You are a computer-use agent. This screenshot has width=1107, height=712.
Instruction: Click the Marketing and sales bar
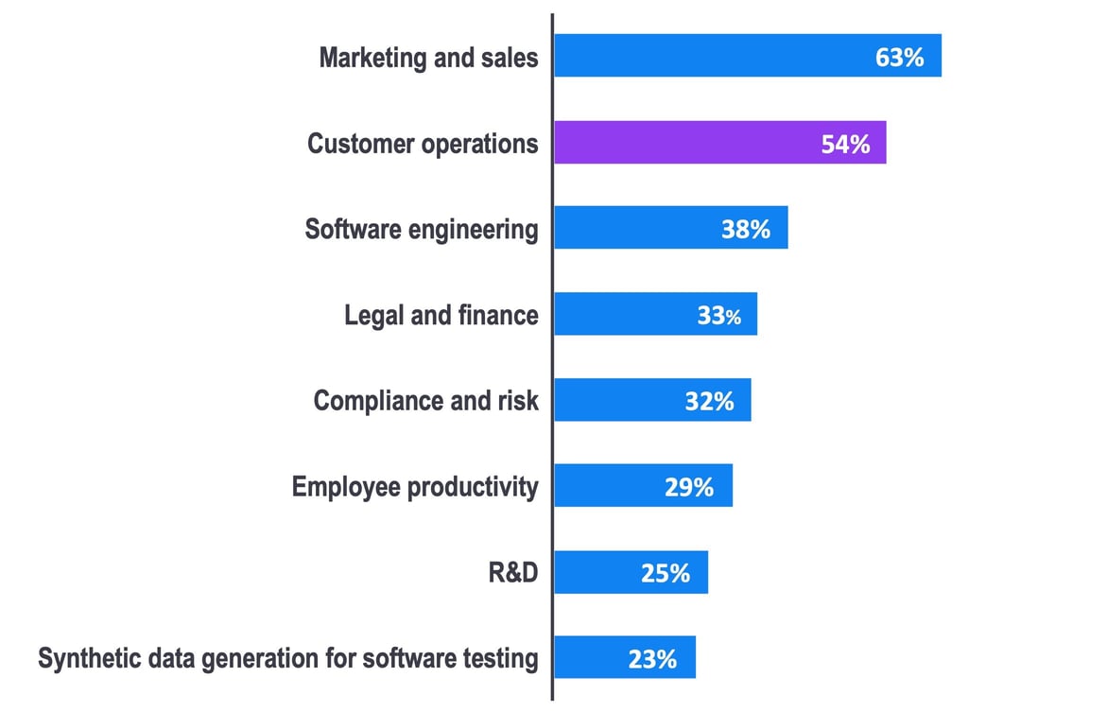[x=747, y=56]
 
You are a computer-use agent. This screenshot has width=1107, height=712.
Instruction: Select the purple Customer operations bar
[x=719, y=143]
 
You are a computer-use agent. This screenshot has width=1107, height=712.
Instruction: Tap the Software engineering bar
[x=670, y=228]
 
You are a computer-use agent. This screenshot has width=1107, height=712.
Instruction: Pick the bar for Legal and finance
[x=655, y=314]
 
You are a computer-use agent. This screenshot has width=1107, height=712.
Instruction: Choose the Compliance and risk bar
[x=652, y=400]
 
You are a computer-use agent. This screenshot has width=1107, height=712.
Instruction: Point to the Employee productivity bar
[x=643, y=486]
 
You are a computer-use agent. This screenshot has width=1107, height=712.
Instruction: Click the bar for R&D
[x=631, y=572]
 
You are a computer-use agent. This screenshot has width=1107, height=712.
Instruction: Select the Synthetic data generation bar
[x=624, y=657]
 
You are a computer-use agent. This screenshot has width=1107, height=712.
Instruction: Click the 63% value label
[x=899, y=57]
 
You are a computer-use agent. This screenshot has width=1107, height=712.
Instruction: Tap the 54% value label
[x=845, y=144]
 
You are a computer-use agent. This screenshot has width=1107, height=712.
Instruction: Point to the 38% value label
[x=746, y=229]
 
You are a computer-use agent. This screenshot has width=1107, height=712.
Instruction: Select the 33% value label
[x=719, y=315]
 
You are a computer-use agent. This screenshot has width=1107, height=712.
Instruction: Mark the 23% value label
[x=652, y=658]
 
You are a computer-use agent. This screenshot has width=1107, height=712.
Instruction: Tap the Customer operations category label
[x=423, y=144]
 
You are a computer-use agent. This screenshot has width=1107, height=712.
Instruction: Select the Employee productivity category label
[x=415, y=487]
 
